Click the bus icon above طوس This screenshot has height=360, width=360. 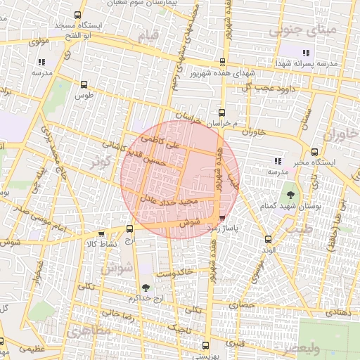pos(84,84)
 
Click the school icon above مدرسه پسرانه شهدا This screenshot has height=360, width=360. pos(305,53)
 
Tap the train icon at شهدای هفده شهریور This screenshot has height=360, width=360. pos(223,62)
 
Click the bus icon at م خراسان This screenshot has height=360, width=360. pos(222,112)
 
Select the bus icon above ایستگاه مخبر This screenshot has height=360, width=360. pos(314,151)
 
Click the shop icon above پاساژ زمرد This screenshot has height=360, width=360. pos(223,219)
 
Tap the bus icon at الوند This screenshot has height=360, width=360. pos(266,239)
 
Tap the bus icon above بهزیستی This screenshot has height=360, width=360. pos(205,345)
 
